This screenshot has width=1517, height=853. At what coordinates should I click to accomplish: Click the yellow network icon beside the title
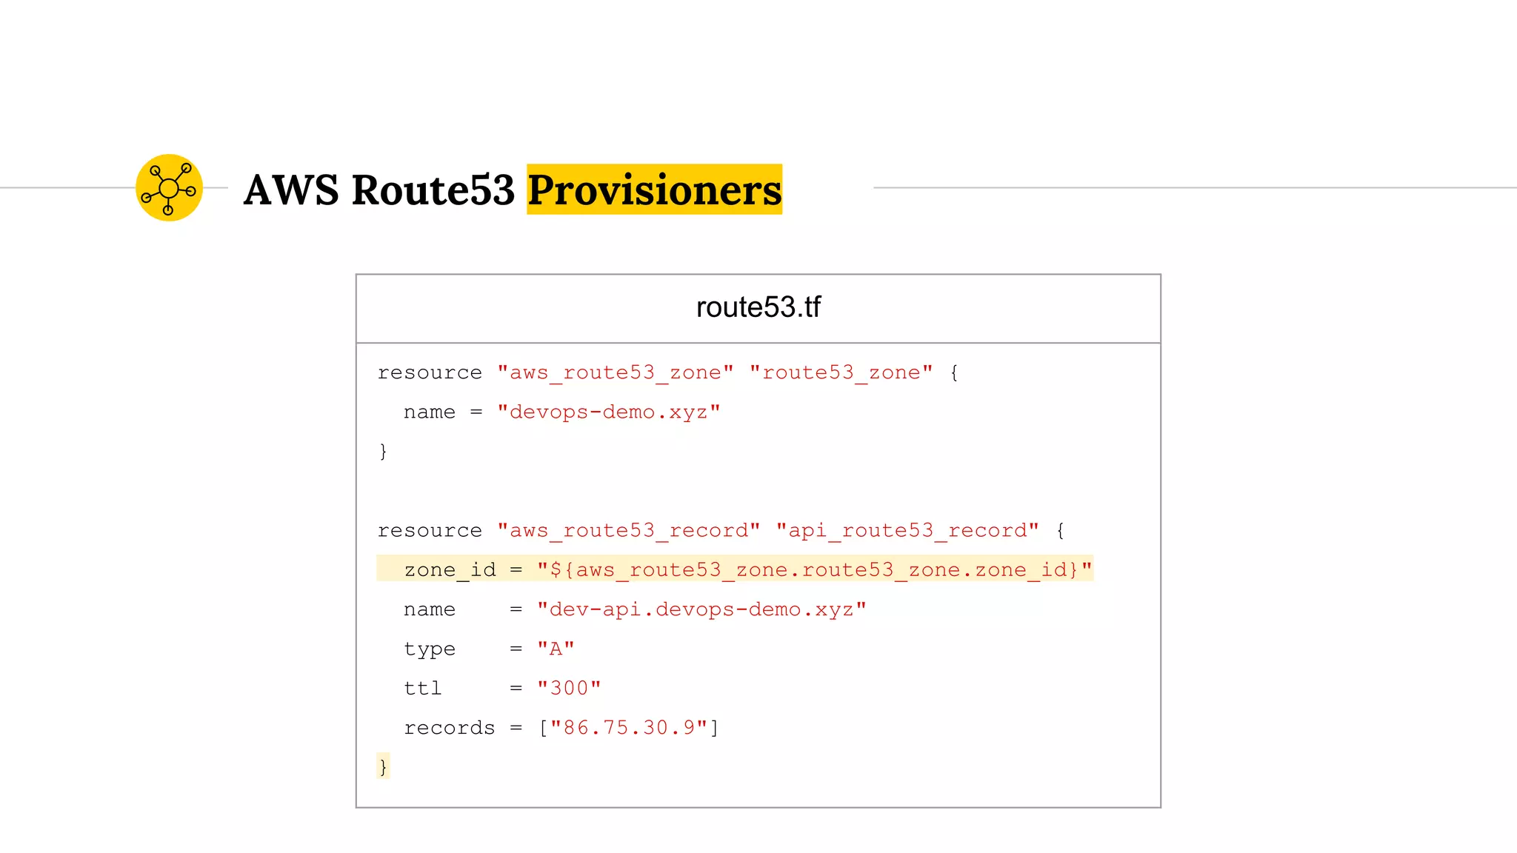click(x=169, y=188)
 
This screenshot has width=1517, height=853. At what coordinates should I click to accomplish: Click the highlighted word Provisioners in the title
click(x=654, y=190)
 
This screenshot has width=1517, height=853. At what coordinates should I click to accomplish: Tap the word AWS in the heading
click(x=291, y=190)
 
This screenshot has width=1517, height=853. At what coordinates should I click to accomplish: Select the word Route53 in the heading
click(x=433, y=190)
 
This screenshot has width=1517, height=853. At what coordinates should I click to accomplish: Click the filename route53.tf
click(x=758, y=307)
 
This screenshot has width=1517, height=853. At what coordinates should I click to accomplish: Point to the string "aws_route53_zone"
click(x=616, y=372)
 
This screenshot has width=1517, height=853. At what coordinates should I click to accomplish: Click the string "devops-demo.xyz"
click(x=608, y=412)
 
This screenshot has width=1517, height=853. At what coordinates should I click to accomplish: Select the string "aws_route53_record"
click(x=628, y=530)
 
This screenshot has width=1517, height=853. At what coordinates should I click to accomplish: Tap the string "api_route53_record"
click(x=907, y=530)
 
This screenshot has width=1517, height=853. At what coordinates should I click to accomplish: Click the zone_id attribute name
click(x=450, y=569)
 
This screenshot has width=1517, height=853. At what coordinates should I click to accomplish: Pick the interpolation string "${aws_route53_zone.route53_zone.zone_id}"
click(x=815, y=569)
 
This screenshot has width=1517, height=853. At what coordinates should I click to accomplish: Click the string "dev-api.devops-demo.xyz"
click(x=701, y=609)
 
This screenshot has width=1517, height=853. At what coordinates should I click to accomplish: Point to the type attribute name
click(x=430, y=649)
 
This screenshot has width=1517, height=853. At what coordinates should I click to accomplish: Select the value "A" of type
click(x=556, y=649)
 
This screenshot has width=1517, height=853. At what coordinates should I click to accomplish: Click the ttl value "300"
click(x=569, y=688)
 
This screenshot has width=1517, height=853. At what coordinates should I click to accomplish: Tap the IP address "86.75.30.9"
click(x=629, y=728)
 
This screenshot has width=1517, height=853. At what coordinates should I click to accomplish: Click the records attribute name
click(x=449, y=728)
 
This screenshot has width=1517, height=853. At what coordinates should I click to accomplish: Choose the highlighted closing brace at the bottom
click(x=383, y=766)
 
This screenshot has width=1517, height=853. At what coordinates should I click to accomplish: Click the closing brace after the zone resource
click(x=383, y=451)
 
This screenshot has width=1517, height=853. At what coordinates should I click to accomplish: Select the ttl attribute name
click(x=422, y=688)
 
